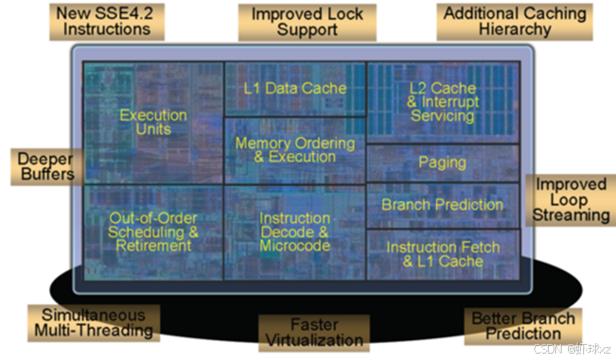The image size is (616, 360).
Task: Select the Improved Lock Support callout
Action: [306, 21]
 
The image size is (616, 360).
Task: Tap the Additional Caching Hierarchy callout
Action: [514, 21]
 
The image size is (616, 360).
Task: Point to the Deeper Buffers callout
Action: [46, 165]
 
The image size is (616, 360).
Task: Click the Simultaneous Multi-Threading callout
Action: [93, 322]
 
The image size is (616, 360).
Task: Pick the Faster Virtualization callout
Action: [314, 333]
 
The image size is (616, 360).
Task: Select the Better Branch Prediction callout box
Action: [522, 326]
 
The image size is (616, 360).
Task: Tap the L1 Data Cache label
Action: [295, 88]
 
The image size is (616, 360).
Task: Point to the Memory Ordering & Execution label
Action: [295, 150]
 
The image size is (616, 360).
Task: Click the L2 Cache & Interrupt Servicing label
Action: [442, 102]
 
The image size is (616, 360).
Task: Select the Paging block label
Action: [442, 162]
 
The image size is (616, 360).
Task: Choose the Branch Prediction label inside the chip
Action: [442, 204]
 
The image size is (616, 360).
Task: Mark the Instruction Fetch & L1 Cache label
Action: [442, 254]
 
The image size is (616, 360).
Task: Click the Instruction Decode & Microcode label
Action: [295, 231]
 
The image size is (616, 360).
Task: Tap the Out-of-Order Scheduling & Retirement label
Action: [154, 232]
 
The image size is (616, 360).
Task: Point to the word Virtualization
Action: [314, 340]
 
